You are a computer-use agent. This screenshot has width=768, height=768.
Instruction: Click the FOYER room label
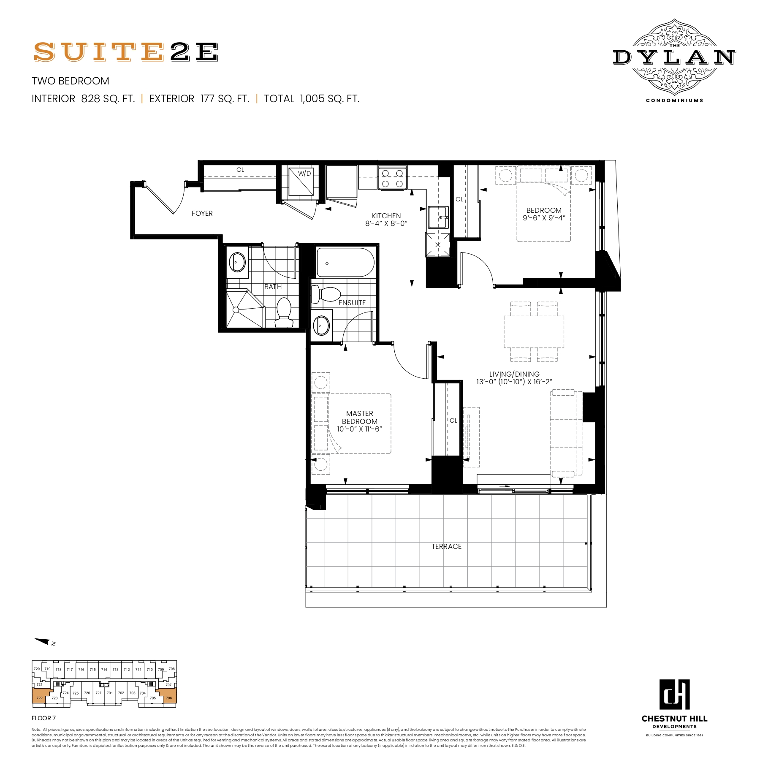point(202,214)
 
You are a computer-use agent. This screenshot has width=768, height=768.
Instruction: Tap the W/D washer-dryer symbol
point(301,182)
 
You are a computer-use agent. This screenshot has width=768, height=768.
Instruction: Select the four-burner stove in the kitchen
point(393,178)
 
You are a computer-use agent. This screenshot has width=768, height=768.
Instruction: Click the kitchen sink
point(438,217)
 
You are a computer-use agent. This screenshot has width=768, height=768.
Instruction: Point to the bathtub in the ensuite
point(345,263)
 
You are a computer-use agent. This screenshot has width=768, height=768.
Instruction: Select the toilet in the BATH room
point(284,312)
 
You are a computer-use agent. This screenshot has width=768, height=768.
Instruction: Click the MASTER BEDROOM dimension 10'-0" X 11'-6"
point(359,429)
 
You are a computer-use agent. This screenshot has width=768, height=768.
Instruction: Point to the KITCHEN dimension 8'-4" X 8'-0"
point(386,224)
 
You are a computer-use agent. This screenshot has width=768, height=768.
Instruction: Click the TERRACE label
point(446,547)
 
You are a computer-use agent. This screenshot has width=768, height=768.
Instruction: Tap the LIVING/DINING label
point(514,374)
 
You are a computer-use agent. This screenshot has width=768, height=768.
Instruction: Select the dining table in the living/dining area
point(534,332)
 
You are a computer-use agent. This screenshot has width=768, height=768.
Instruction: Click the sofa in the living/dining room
point(566,433)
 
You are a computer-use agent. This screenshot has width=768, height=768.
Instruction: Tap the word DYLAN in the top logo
point(674,57)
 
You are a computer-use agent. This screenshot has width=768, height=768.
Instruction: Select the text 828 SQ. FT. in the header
point(108,99)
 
